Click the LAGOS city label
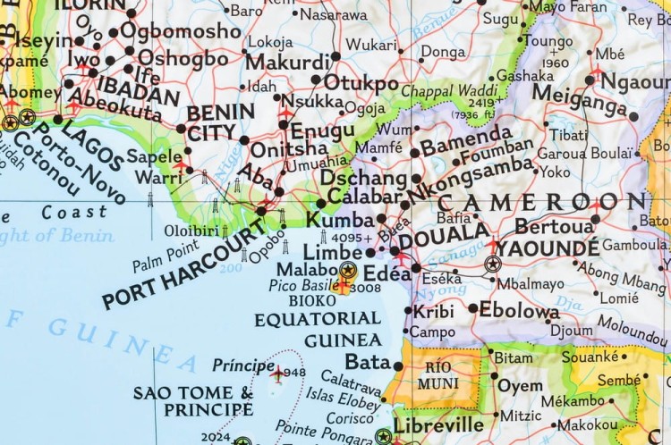tap(93, 146)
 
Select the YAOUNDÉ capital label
tap(548, 247)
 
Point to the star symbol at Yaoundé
tap(492, 264)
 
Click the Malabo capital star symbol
tap(347, 268)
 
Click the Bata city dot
tap(398, 364)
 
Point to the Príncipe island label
tap(242, 365)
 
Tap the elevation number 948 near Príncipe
tap(294, 372)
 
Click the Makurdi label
tap(287, 63)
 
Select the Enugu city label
tap(323, 130)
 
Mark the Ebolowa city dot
tap(473, 309)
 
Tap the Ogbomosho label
tap(180, 30)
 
